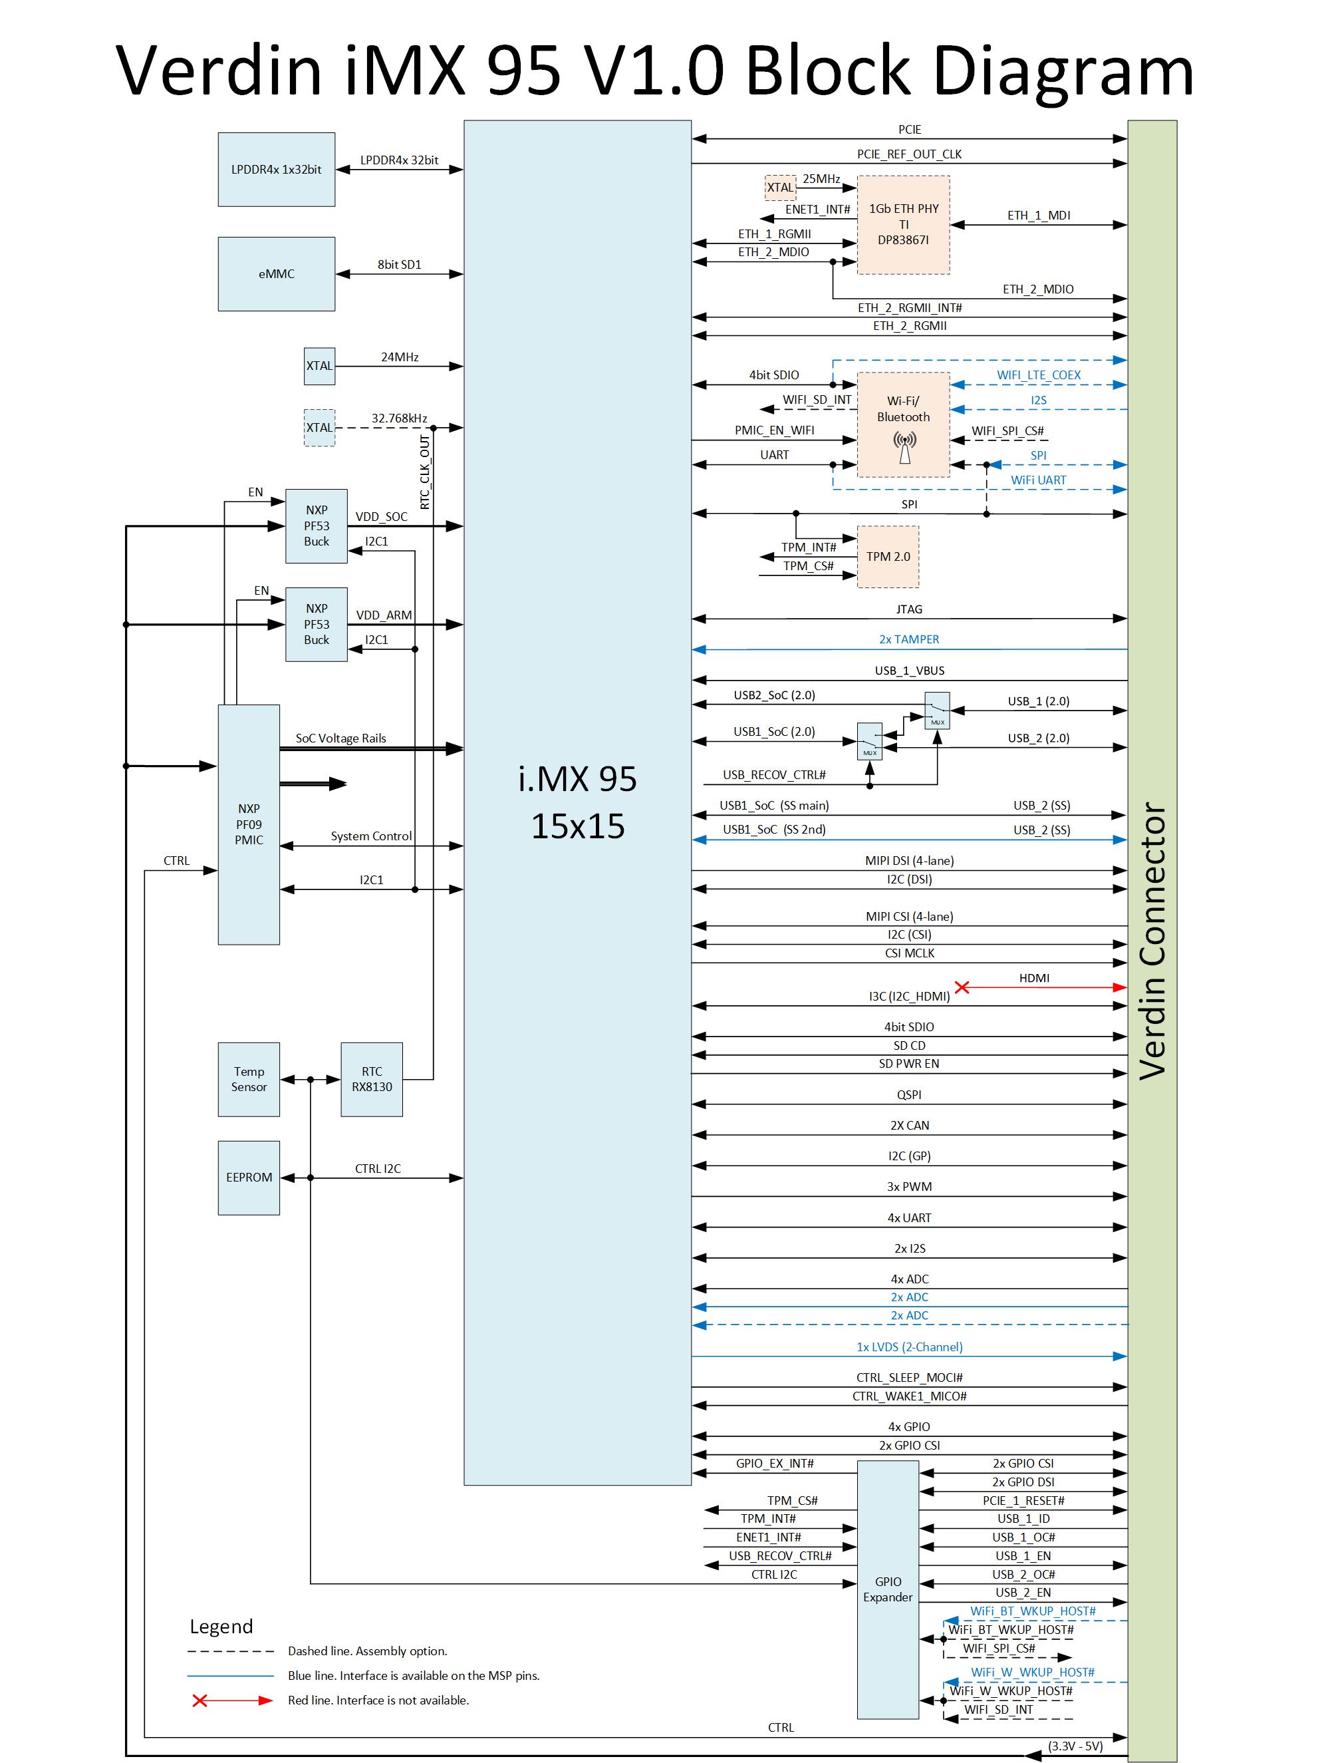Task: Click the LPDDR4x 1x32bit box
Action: [276, 169]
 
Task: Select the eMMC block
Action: [276, 273]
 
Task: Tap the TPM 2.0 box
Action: [887, 556]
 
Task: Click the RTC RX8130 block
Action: [371, 1079]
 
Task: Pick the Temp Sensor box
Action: [249, 1079]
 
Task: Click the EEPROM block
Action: [249, 1177]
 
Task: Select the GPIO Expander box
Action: [887, 1589]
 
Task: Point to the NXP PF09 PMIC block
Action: [249, 824]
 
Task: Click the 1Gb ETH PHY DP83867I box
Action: [903, 224]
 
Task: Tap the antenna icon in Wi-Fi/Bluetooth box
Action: [904, 446]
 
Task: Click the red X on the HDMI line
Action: [962, 987]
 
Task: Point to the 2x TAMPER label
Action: [908, 639]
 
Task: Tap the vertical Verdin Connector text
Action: [1152, 941]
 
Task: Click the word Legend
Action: [221, 1626]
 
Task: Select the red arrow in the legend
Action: [232, 1700]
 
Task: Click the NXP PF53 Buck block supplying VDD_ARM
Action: [317, 624]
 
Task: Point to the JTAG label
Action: [908, 609]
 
